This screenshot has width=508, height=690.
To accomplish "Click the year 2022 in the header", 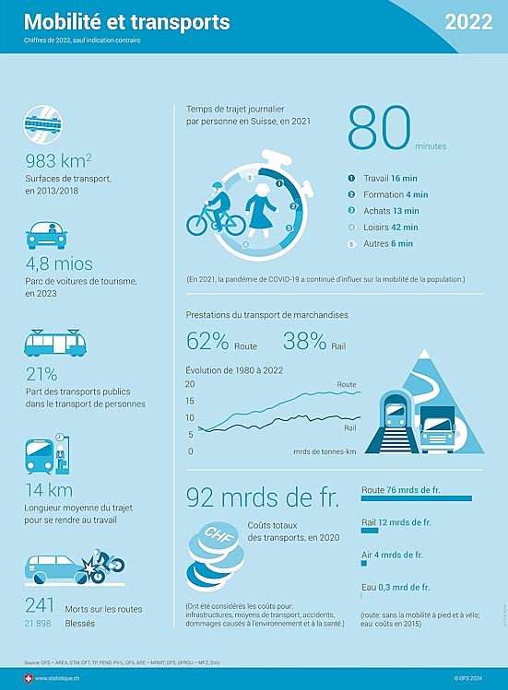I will click(x=467, y=23).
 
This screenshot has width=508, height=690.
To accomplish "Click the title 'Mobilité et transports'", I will click(x=126, y=21).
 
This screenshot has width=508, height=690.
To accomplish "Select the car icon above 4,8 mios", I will click(x=47, y=235).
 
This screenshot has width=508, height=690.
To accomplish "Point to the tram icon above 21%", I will click(x=54, y=343).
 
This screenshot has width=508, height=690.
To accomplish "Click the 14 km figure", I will click(x=49, y=490).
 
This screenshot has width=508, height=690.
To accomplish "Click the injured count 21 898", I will click(x=38, y=624).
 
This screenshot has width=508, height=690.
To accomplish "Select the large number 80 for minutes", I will click(x=378, y=129).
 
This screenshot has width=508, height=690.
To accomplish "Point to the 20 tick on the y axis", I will click(x=190, y=384).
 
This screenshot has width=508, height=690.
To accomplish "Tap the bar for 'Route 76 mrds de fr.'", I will click(x=417, y=498).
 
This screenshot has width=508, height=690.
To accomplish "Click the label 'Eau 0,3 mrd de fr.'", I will click(x=396, y=588).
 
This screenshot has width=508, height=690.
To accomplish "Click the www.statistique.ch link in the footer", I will click(x=59, y=679).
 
